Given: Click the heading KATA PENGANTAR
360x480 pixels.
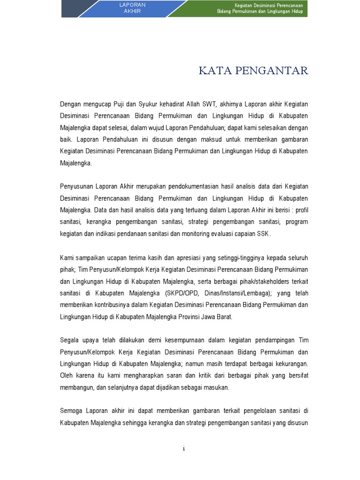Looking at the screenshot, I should [253, 71].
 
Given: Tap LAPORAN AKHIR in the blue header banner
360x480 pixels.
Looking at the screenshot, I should [132, 8].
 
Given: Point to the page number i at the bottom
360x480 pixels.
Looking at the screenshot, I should [184, 449].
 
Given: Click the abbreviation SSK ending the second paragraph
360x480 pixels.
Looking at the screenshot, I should [263, 233].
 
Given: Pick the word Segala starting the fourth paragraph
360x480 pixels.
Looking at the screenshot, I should [70, 340].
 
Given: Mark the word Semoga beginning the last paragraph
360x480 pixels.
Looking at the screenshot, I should [72, 411].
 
